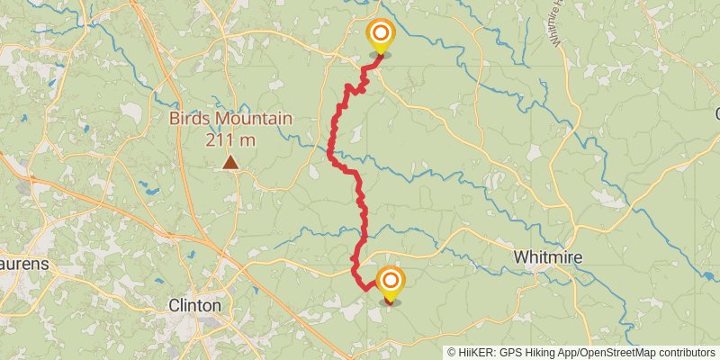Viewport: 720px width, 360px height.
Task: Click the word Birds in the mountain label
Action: [191, 119]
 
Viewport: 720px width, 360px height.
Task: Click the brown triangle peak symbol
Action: [231, 163]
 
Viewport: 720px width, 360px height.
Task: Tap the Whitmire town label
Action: [547, 257]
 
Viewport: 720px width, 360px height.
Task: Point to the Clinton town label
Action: [195, 305]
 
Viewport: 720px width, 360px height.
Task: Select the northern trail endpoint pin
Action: [381, 36]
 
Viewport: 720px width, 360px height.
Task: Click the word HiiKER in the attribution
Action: [476, 353]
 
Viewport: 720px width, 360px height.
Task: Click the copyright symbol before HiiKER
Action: [452, 353]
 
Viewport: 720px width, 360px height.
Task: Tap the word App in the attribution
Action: [563, 353]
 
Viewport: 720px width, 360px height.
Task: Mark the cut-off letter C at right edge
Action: [716, 114]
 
